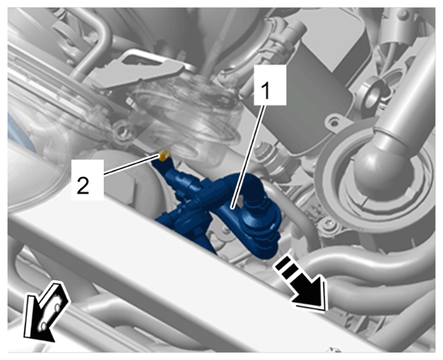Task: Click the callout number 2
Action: coord(83,186)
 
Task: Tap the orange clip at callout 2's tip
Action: coord(165,155)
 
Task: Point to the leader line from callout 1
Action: coord(248,156)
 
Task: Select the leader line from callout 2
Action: coord(131,165)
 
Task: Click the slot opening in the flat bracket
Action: coord(141,60)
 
